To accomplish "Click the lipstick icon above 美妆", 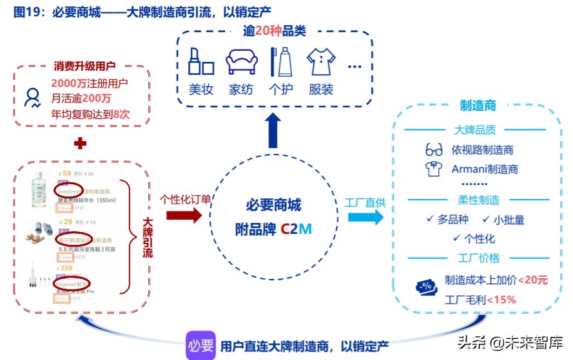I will (x=201, y=62).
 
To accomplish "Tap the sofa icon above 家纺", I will (x=241, y=62).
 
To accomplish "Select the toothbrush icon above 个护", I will (x=280, y=62).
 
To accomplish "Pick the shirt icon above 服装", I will (x=321, y=62).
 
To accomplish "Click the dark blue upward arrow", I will (x=273, y=132).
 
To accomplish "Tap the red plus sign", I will (x=80, y=144).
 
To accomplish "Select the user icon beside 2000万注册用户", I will (x=32, y=98).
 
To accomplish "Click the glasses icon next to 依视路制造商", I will (x=434, y=150).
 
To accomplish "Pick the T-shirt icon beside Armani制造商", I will (x=434, y=169).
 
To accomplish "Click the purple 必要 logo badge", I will (x=200, y=345).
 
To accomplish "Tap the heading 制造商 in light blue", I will (x=478, y=106).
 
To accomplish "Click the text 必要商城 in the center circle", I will (x=273, y=205).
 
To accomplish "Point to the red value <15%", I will (x=501, y=299).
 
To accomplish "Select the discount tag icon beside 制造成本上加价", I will (x=427, y=287).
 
